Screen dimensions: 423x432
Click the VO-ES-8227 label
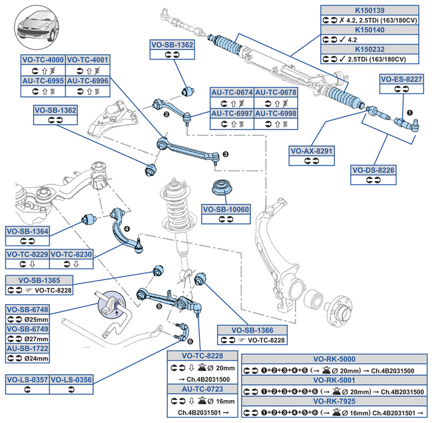pos(401,78)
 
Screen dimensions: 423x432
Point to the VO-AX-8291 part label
pos(312,151)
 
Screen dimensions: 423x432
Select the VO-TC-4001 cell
pos(88,60)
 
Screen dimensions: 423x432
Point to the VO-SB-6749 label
pos(27,329)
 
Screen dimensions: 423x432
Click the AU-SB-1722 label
pos(27,348)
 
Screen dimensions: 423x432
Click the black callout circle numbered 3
pos(225,154)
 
